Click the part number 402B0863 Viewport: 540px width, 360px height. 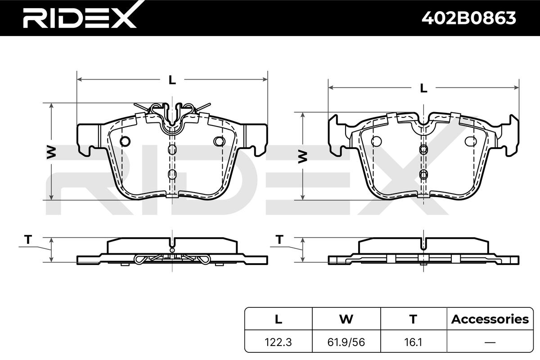(468, 18)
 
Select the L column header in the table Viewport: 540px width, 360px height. (279, 319)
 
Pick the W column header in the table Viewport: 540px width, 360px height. (346, 319)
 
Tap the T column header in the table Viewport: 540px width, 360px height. (413, 319)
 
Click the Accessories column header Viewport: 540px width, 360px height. (490, 319)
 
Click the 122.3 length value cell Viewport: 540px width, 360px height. (278, 342)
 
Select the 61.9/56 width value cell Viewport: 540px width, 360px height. (346, 342)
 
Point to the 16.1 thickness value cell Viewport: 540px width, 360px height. (413, 342)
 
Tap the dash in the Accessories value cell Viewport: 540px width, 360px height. (490, 342)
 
